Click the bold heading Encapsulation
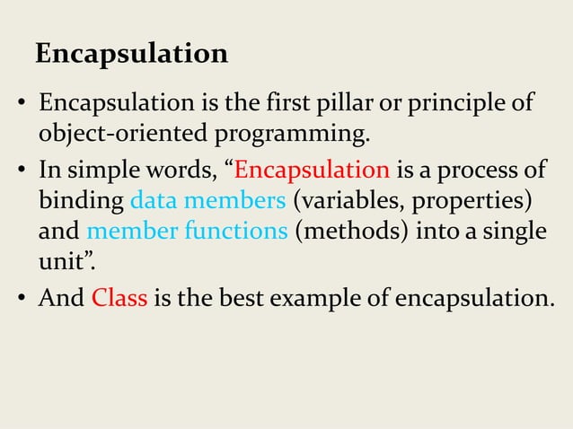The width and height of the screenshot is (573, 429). coord(131,54)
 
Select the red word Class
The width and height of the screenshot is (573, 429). coord(119,297)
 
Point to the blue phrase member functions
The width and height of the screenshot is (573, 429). coord(187,232)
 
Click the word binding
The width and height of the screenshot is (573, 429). coord(82,200)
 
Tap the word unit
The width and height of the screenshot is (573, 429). coord(56,263)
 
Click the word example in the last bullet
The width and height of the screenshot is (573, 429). coord(324,297)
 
